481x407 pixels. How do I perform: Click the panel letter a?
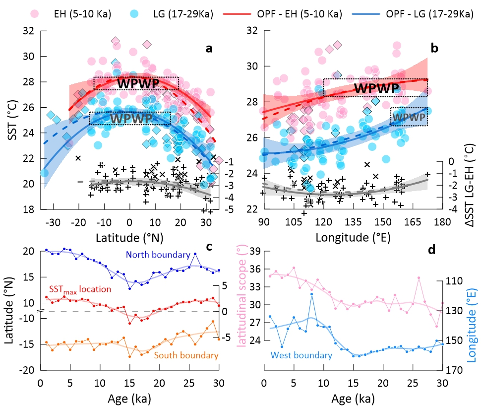click(x=209, y=48)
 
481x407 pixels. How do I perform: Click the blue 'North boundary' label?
click(x=158, y=254)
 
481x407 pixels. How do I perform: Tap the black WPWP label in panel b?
click(x=377, y=88)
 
